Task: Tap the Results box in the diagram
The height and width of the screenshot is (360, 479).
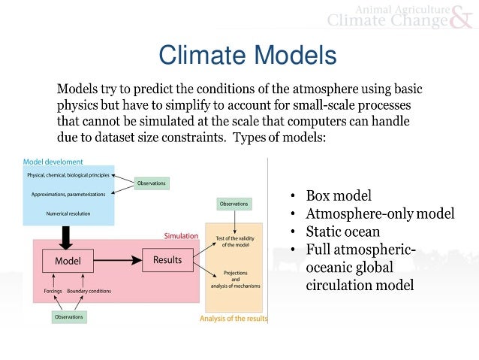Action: [x=167, y=262]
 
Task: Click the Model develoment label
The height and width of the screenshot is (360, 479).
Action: [x=53, y=161]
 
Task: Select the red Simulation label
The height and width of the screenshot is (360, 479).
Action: [x=181, y=235]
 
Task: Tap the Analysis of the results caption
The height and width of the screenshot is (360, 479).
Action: [x=233, y=319]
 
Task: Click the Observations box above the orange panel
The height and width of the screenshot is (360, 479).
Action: [x=234, y=204]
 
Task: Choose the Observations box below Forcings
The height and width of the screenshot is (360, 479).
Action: [x=69, y=317]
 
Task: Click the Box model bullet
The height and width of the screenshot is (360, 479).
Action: [x=339, y=196]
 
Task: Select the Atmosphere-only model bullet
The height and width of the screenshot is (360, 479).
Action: [x=380, y=214]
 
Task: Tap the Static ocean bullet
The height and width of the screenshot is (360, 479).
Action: [x=343, y=231]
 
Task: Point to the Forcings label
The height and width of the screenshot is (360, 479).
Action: [x=51, y=291]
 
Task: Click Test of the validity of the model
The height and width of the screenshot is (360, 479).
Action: [x=233, y=241]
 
